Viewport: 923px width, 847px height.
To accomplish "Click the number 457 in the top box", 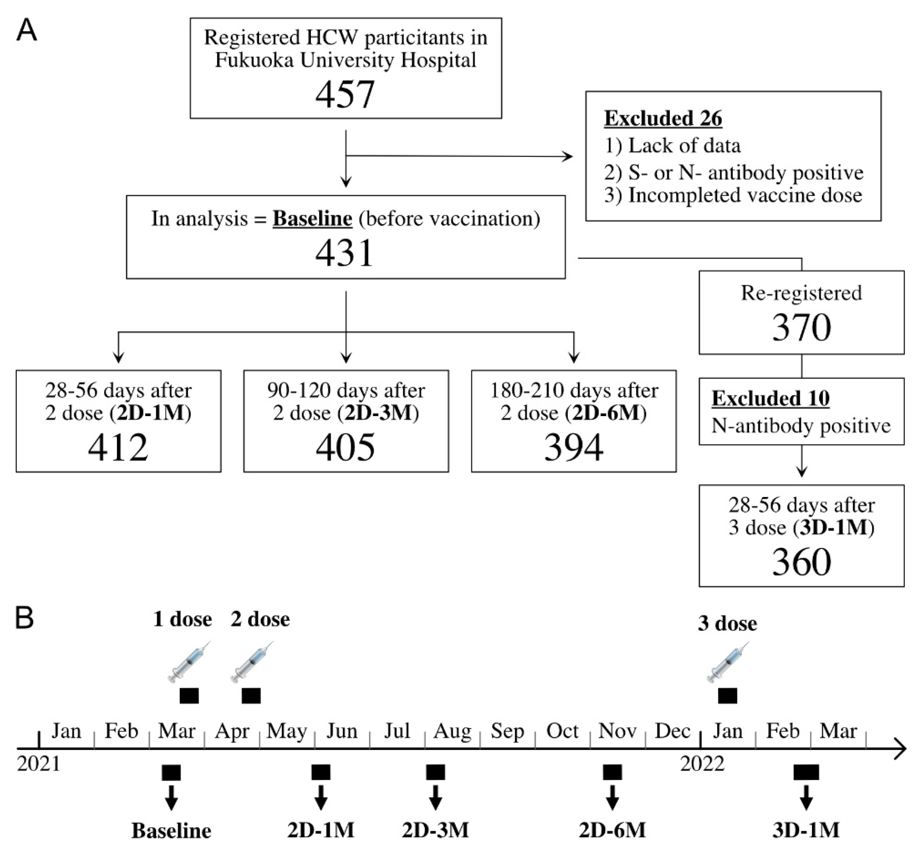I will click(345, 94).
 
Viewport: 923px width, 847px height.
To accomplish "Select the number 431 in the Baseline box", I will click(345, 253).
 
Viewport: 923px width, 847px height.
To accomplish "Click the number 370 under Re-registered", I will click(801, 327).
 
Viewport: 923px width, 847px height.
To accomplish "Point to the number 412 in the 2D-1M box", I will click(118, 447).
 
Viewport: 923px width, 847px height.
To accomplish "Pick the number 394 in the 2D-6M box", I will click(573, 447).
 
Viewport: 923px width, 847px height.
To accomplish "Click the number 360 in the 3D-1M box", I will click(801, 562).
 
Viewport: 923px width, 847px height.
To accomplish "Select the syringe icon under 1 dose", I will click(189, 662).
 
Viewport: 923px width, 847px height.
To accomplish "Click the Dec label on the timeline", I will click(673, 731).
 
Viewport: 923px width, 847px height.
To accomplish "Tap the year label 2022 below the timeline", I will click(702, 764).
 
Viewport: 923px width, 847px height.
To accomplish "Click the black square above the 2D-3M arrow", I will click(435, 772).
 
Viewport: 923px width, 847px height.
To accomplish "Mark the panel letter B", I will click(25, 618).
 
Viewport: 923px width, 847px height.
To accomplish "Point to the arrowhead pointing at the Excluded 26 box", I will click(568, 157).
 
